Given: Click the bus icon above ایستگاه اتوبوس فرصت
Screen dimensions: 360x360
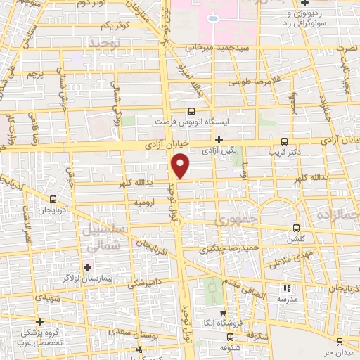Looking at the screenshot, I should click(x=191, y=111).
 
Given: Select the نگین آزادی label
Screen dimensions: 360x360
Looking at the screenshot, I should click(x=219, y=150).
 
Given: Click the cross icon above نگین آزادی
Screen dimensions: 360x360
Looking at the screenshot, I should click(x=219, y=139).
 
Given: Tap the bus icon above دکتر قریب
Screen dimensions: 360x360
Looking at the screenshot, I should click(x=284, y=140).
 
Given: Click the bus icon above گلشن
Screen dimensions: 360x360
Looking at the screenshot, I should click(x=297, y=227).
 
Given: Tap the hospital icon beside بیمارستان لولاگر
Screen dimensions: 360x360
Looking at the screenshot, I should click(x=86, y=267).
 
